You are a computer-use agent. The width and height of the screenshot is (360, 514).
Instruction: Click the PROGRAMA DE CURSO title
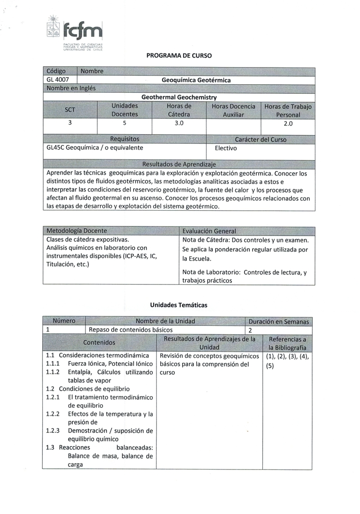(x=179, y=56)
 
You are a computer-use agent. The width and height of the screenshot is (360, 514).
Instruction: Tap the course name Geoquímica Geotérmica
(x=196, y=80)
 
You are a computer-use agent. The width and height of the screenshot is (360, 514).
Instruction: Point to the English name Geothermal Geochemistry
(x=179, y=97)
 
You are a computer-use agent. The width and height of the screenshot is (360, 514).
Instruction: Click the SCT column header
(x=70, y=110)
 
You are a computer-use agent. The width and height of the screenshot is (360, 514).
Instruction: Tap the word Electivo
(x=226, y=148)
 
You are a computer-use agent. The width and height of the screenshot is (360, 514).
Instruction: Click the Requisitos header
(x=125, y=139)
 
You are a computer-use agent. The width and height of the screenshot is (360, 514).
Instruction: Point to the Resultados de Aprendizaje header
(x=179, y=164)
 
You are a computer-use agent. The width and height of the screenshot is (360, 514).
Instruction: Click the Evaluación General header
(x=209, y=231)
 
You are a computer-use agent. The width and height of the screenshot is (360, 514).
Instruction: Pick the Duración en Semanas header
(x=279, y=321)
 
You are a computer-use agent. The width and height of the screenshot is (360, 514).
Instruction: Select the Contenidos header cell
(x=99, y=343)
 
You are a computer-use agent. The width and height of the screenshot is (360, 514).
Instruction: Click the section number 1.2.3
(x=53, y=430)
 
